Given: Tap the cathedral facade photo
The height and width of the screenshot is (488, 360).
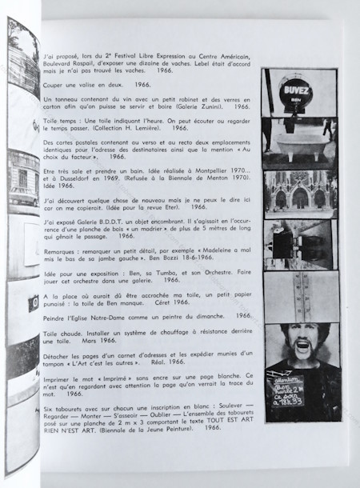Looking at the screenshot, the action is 300,192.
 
